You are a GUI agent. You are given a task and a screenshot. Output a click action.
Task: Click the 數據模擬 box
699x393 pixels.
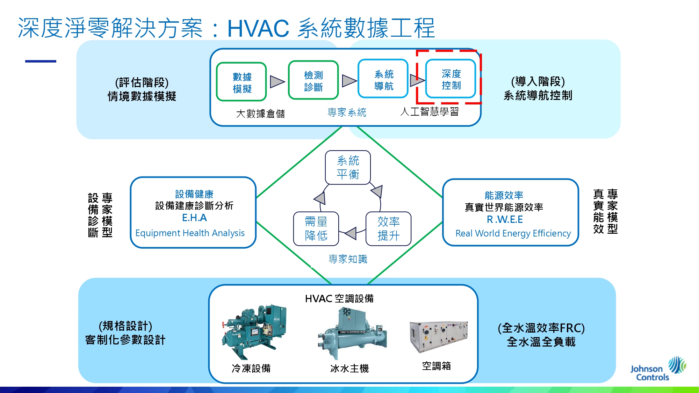click(x=242, y=82)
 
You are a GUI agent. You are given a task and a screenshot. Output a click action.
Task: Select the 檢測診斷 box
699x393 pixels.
click(x=314, y=80)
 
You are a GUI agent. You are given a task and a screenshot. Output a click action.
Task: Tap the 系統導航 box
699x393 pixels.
click(x=383, y=79)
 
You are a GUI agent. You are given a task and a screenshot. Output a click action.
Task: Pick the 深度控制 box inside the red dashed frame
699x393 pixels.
click(x=451, y=79)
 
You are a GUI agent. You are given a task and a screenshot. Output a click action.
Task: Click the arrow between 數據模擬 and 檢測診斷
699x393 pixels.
click(x=278, y=82)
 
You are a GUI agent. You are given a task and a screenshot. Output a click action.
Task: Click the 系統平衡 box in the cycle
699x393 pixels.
click(x=348, y=167)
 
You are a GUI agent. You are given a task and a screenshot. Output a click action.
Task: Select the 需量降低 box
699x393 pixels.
click(x=316, y=229)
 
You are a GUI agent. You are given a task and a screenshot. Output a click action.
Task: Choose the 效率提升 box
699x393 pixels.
click(x=388, y=229)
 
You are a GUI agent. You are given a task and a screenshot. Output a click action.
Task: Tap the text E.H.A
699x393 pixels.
click(x=195, y=218)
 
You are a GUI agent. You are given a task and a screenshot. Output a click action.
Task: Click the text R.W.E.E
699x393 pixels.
click(x=505, y=220)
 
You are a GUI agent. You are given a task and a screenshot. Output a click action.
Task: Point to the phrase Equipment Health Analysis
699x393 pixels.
click(x=190, y=233)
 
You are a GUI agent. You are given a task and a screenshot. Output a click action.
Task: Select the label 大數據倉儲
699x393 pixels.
click(x=260, y=114)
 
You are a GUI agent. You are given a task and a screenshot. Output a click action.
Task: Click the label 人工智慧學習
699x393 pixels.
click(x=430, y=112)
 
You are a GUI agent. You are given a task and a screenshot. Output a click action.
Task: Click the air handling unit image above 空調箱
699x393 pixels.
click(x=439, y=337)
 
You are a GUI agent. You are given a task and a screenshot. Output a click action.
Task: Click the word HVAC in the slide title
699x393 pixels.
click(x=258, y=28)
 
